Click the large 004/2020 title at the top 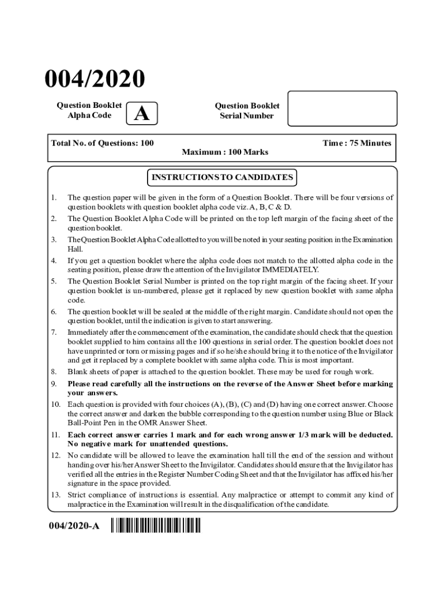96,79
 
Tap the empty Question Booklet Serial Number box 342,109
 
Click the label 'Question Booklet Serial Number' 247,110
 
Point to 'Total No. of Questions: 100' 103,143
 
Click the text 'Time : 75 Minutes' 357,143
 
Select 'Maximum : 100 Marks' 225,152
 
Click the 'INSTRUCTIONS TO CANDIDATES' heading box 222,177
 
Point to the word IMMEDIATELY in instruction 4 290,270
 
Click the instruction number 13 55,495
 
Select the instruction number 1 54,197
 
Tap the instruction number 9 54,384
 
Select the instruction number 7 54,332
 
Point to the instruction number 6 54,312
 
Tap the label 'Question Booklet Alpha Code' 89,110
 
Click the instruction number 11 55,435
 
